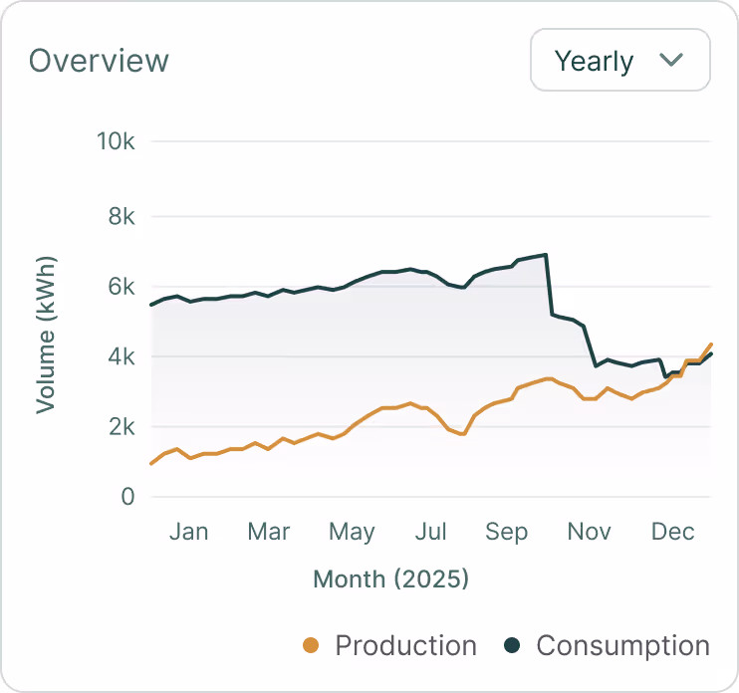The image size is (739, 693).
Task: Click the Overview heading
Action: tap(99, 61)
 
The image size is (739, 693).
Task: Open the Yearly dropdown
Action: tap(619, 60)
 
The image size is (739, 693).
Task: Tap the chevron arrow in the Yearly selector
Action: tap(671, 60)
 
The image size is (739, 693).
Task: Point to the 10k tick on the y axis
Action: tap(115, 141)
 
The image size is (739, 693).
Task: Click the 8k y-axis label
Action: tap(121, 216)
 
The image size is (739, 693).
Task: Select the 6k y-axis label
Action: tap(121, 287)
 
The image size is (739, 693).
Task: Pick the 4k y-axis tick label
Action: tap(121, 356)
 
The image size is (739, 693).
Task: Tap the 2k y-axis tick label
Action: tap(121, 426)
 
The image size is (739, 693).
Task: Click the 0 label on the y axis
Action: tap(127, 496)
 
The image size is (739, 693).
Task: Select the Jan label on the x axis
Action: tap(188, 532)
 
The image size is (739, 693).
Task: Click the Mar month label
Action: tap(269, 532)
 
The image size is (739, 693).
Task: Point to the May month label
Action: tap(351, 532)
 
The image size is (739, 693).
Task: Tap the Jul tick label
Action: tap(429, 532)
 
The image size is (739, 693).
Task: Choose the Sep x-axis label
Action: tap(506, 532)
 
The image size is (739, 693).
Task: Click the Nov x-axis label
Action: tap(589, 532)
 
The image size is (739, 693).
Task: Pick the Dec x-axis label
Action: tap(672, 532)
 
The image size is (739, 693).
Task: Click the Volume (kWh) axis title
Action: tap(46, 335)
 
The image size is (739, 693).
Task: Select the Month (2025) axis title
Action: tap(390, 578)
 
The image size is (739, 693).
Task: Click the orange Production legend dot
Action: tap(311, 646)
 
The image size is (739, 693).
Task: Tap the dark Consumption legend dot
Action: tap(512, 646)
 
